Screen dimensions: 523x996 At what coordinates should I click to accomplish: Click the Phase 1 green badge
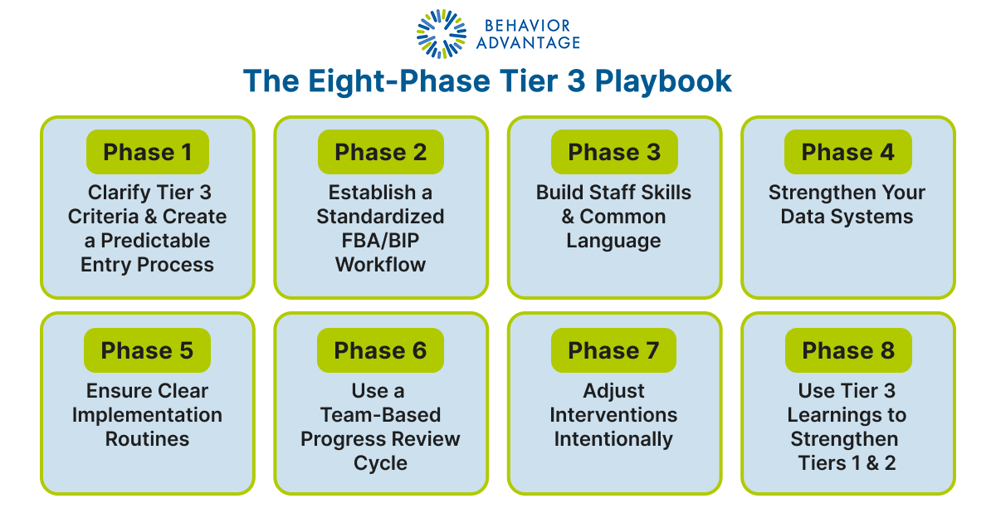click(147, 152)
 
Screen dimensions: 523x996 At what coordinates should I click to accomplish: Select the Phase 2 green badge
click(380, 152)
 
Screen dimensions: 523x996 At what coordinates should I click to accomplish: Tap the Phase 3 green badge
click(614, 152)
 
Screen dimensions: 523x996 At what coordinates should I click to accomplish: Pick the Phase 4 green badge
click(847, 152)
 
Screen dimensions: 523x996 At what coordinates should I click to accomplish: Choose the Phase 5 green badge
click(147, 350)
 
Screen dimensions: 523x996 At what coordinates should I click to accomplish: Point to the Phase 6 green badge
click(380, 350)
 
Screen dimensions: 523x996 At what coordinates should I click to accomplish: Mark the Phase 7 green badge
click(613, 350)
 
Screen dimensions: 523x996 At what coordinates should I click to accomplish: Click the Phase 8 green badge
click(847, 350)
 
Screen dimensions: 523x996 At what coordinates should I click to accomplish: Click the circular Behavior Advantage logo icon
click(442, 34)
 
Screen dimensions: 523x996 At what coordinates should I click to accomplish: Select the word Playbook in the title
click(666, 81)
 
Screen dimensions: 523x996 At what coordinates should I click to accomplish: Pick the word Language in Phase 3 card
click(613, 241)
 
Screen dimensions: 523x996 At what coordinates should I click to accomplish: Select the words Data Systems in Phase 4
click(847, 217)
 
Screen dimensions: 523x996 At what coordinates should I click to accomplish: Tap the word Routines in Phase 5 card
click(147, 439)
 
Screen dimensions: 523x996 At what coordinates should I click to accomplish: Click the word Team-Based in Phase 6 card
click(380, 415)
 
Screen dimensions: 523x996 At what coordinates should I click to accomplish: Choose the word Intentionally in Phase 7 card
click(613, 439)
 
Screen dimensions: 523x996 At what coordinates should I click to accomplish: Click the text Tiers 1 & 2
click(847, 463)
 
